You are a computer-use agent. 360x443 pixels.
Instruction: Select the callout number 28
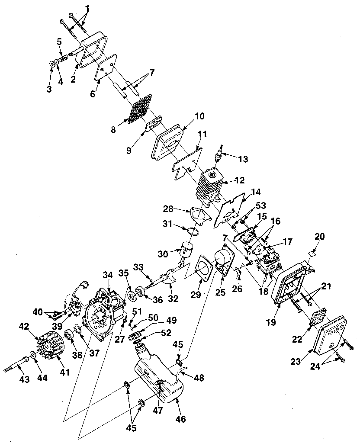[168, 209]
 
